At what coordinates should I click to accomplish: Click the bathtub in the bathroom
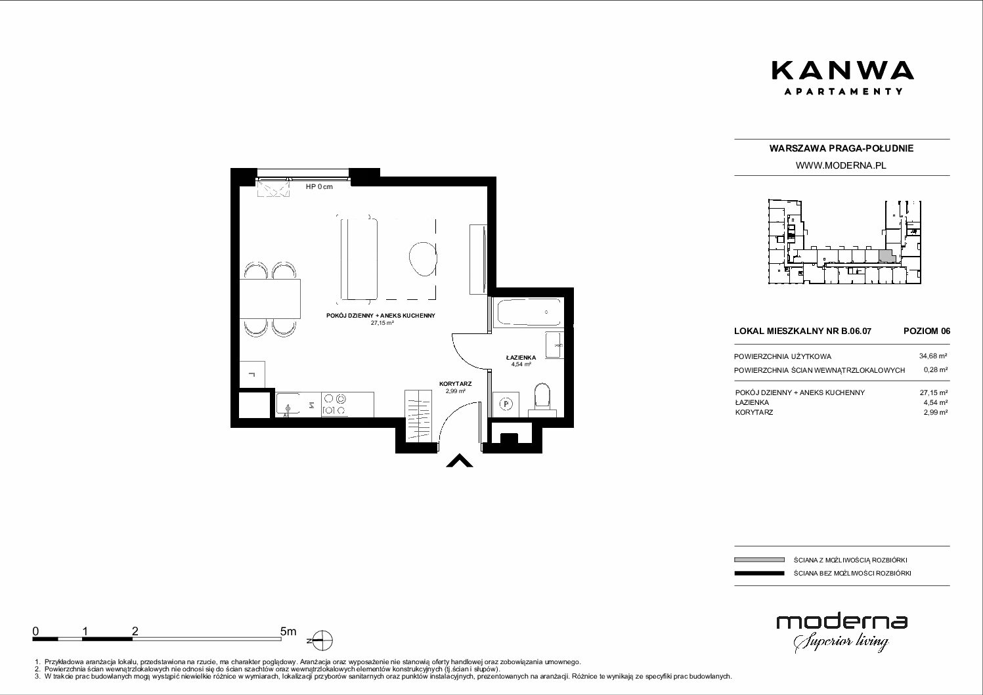[x=529, y=312]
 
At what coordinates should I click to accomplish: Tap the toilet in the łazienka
[x=542, y=398]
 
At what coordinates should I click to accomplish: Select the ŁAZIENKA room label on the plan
[x=521, y=358]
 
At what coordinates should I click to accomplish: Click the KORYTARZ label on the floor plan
[x=456, y=384]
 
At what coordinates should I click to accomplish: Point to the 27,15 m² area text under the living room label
[x=382, y=323]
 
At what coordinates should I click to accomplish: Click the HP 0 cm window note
[x=319, y=186]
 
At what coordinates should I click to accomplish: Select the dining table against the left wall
[x=270, y=299]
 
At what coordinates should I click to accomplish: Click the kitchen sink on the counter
[x=288, y=404]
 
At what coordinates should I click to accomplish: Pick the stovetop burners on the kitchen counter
[x=334, y=404]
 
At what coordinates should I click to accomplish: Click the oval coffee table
[x=423, y=259]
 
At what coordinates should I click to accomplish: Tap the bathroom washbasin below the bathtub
[x=554, y=345]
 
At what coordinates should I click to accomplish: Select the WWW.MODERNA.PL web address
[x=841, y=165]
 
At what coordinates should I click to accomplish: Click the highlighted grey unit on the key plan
[x=885, y=256]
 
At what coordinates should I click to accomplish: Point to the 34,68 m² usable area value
[x=933, y=356]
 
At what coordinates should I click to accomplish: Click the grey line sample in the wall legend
[x=759, y=560]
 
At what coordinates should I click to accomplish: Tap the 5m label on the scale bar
[x=288, y=631]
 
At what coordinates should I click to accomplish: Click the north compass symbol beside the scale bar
[x=322, y=641]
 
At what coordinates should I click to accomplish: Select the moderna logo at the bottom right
[x=842, y=633]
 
